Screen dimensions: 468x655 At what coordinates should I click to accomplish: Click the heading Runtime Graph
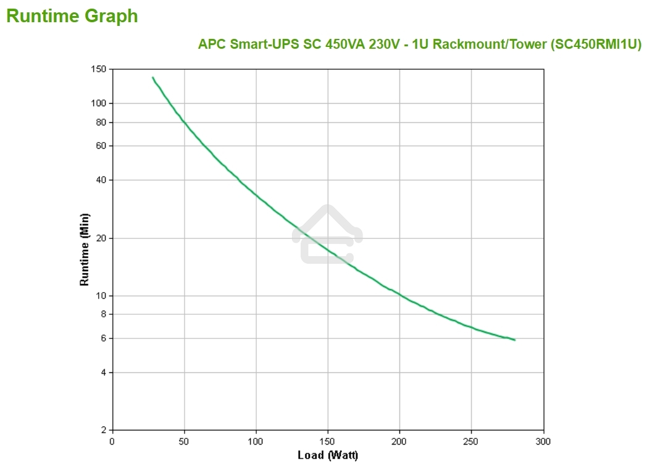coord(72,17)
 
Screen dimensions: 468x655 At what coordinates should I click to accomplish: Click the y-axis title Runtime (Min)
coord(85,249)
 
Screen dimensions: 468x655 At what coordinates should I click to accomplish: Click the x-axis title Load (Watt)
coord(327,455)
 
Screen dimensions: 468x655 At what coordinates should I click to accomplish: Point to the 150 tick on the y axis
coord(98,69)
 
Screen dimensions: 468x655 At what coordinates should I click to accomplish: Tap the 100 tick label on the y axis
coord(98,103)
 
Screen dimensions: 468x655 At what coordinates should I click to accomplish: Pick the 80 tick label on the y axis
coord(101,122)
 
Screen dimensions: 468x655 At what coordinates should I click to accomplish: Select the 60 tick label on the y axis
coord(101,146)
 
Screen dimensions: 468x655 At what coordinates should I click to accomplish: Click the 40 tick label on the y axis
coord(101,180)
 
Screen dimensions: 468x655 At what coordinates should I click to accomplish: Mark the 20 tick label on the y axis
coord(101,238)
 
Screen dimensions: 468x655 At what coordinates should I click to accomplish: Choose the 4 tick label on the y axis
coord(103,372)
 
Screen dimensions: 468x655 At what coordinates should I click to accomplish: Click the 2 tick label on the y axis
coord(103,430)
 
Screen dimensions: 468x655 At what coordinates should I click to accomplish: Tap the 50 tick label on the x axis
coord(184,441)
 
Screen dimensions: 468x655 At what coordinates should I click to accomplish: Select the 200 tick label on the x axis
coord(399,441)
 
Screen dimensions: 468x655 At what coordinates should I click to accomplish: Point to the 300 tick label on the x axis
coord(543,441)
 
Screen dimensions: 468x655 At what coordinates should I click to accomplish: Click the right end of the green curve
coord(514,340)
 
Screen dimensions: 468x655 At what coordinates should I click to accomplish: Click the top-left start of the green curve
coord(153,78)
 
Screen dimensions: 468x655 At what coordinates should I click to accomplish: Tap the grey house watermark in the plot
coord(327,235)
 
